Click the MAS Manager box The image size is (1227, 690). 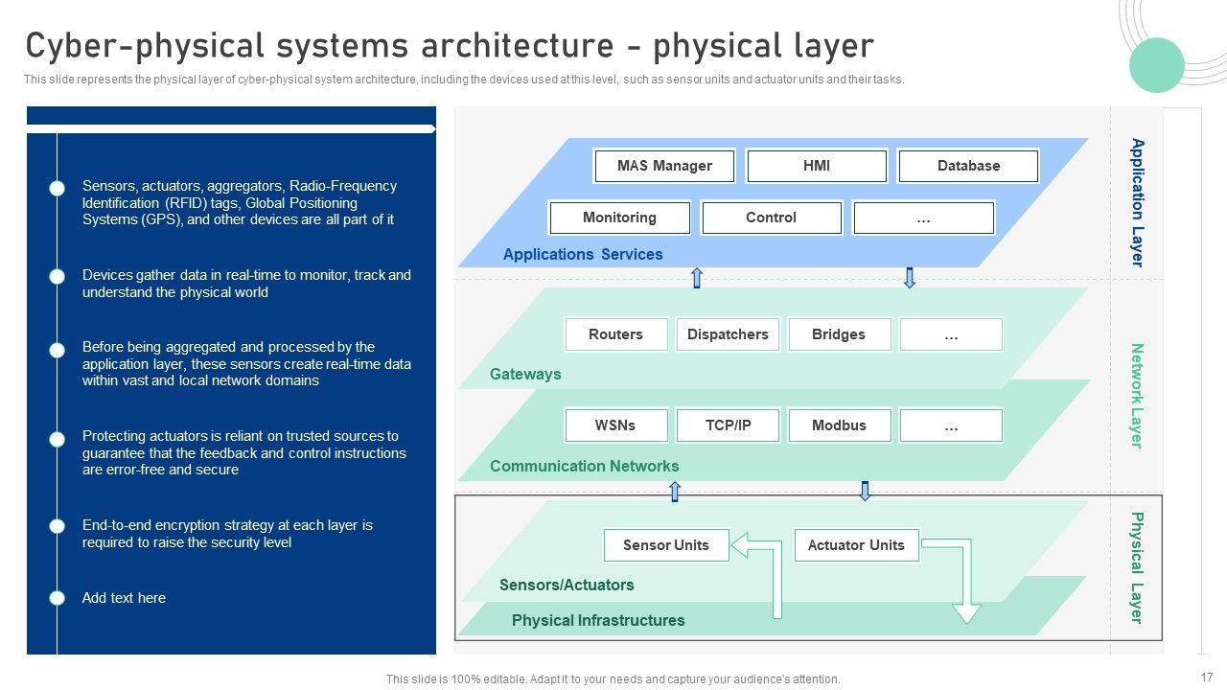tap(664, 166)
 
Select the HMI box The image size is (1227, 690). tap(817, 166)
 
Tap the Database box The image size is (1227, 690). tap(968, 166)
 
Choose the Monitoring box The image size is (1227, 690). tap(619, 218)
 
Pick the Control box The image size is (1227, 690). tap(772, 218)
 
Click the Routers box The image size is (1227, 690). tap(615, 334)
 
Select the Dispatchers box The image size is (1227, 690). tap(728, 334)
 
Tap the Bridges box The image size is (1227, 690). tap(839, 334)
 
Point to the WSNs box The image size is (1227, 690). tap(615, 425)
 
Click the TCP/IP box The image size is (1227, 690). tap(728, 425)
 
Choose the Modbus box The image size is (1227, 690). tap(839, 425)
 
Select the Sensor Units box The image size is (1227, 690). tap(666, 545)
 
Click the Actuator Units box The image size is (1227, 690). tap(856, 545)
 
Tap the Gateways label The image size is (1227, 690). tap(525, 374)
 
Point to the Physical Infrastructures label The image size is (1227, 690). tap(598, 620)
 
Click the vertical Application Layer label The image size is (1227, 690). tap(1138, 202)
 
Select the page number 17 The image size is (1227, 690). tap(1207, 678)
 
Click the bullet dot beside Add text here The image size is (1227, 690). tap(57, 598)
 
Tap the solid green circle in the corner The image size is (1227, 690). tap(1157, 65)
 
